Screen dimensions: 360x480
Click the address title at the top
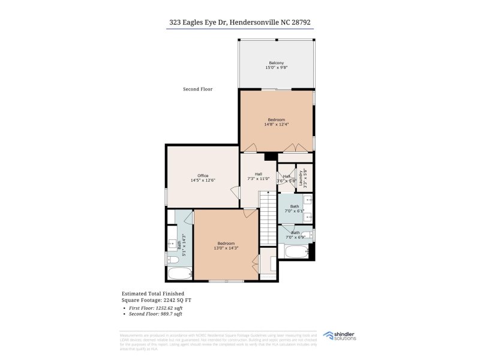239,22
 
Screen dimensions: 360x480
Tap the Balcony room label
277,65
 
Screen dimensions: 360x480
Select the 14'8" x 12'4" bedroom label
277,122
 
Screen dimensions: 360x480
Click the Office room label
203,178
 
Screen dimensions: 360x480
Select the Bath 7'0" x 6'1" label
295,209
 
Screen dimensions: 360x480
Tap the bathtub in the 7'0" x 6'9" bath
296,251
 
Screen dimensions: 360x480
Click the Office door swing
235,192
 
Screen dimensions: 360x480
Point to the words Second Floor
197,89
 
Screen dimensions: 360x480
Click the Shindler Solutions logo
340,336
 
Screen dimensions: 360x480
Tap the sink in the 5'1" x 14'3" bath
172,242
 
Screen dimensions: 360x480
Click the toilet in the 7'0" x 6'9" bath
307,235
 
